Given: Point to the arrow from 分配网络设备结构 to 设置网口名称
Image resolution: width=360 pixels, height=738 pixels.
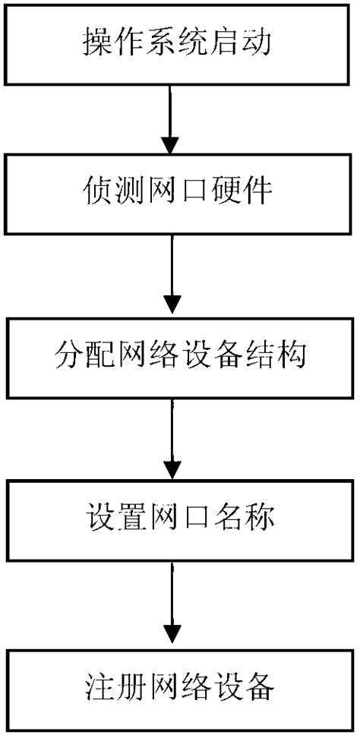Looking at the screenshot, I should (172, 437).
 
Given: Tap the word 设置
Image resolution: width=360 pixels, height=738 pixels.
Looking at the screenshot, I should (106, 519).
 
